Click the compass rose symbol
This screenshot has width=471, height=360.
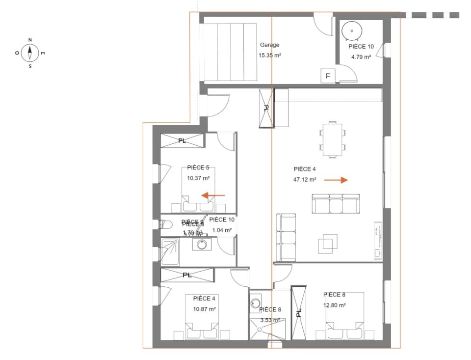coord(30,52)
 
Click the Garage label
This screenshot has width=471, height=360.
coord(269,45)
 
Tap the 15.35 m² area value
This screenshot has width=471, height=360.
coord(269,55)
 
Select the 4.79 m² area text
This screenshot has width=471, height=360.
coord(361,57)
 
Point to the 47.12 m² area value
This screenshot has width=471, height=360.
coord(305,180)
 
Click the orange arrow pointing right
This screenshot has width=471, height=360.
coord(336,180)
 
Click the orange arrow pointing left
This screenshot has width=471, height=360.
coord(213,195)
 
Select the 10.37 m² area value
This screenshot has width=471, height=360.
coord(198,178)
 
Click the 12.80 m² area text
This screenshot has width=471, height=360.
coord(335,305)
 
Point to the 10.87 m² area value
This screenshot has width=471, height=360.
coord(205,309)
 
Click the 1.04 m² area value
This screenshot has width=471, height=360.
coord(221,230)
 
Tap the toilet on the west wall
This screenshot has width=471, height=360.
coord(166,224)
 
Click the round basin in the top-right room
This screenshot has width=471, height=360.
coord(351,31)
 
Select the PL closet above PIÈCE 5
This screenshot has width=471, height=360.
coord(182,141)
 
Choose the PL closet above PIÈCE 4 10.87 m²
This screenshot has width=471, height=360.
coord(187,275)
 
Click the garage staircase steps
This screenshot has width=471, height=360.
coord(231,52)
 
